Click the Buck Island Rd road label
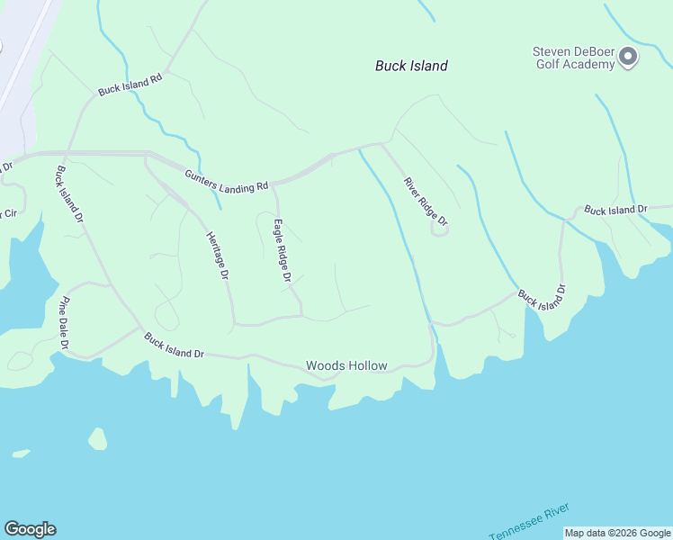130,85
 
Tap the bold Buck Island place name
411,66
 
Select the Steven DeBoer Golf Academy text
573,58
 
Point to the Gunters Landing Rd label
227,180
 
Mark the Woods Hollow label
346,365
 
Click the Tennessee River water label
530,522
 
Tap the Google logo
30,529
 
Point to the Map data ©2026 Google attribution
617,533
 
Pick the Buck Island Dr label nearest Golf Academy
615,210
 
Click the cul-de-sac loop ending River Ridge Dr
440,229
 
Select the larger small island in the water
97,439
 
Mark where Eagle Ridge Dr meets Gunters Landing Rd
273,187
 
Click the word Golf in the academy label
548,64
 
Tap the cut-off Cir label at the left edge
9,214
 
